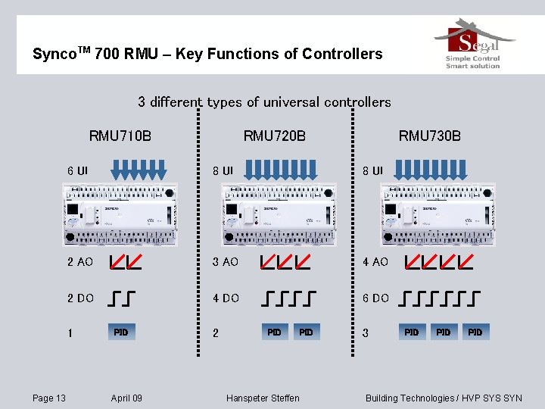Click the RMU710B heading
[120, 136]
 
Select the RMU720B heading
[275, 136]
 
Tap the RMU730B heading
[430, 136]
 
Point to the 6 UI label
[77, 170]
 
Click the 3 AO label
[225, 262]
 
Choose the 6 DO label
[375, 298]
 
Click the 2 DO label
[80, 298]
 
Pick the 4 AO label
[375, 262]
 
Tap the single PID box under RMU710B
[121, 332]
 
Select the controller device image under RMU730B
[438, 215]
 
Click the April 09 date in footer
[126, 398]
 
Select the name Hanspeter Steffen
[263, 398]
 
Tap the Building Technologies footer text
[444, 398]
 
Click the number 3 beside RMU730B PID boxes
[366, 333]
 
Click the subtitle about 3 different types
[264, 101]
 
